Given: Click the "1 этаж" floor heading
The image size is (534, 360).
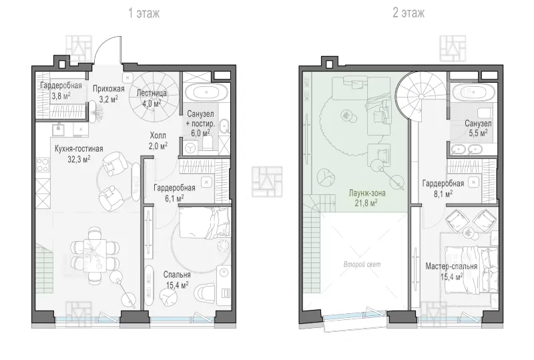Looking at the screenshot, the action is tap(144, 13).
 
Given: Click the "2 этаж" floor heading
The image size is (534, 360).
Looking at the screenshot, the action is tap(409, 13).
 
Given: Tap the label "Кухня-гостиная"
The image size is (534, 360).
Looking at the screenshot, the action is tap(79, 149).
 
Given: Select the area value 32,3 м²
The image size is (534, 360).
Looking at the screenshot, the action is tap(79, 159).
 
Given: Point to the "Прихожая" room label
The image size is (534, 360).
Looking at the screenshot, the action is tap(109, 89).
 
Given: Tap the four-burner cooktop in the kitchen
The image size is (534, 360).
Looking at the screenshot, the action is tap(43, 165).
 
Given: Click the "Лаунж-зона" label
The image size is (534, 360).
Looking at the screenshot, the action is tap(366, 193).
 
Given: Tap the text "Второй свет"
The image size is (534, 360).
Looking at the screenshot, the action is tap(362, 264).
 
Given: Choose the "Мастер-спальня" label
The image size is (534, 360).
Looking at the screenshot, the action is tap(451, 266).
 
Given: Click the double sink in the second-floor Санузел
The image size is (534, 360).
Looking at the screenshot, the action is tap(467, 149).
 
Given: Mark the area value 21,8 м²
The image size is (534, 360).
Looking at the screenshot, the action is tap(367, 203).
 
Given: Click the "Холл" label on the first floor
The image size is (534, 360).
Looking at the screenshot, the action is tap(158, 136).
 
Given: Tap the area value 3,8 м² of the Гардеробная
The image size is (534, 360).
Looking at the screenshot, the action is tap(61, 96).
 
